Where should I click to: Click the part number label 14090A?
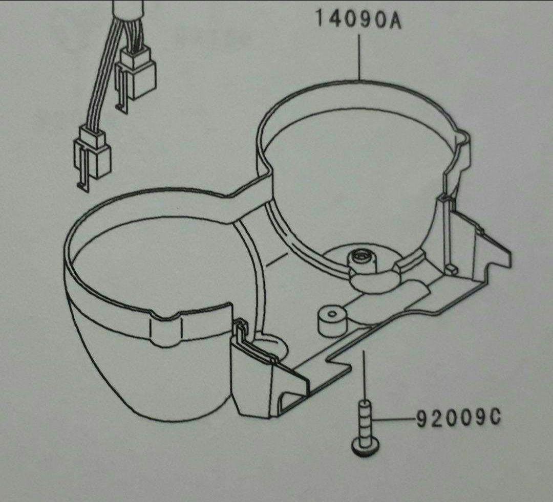coord(358,19)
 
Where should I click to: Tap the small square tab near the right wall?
coord(451,269)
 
